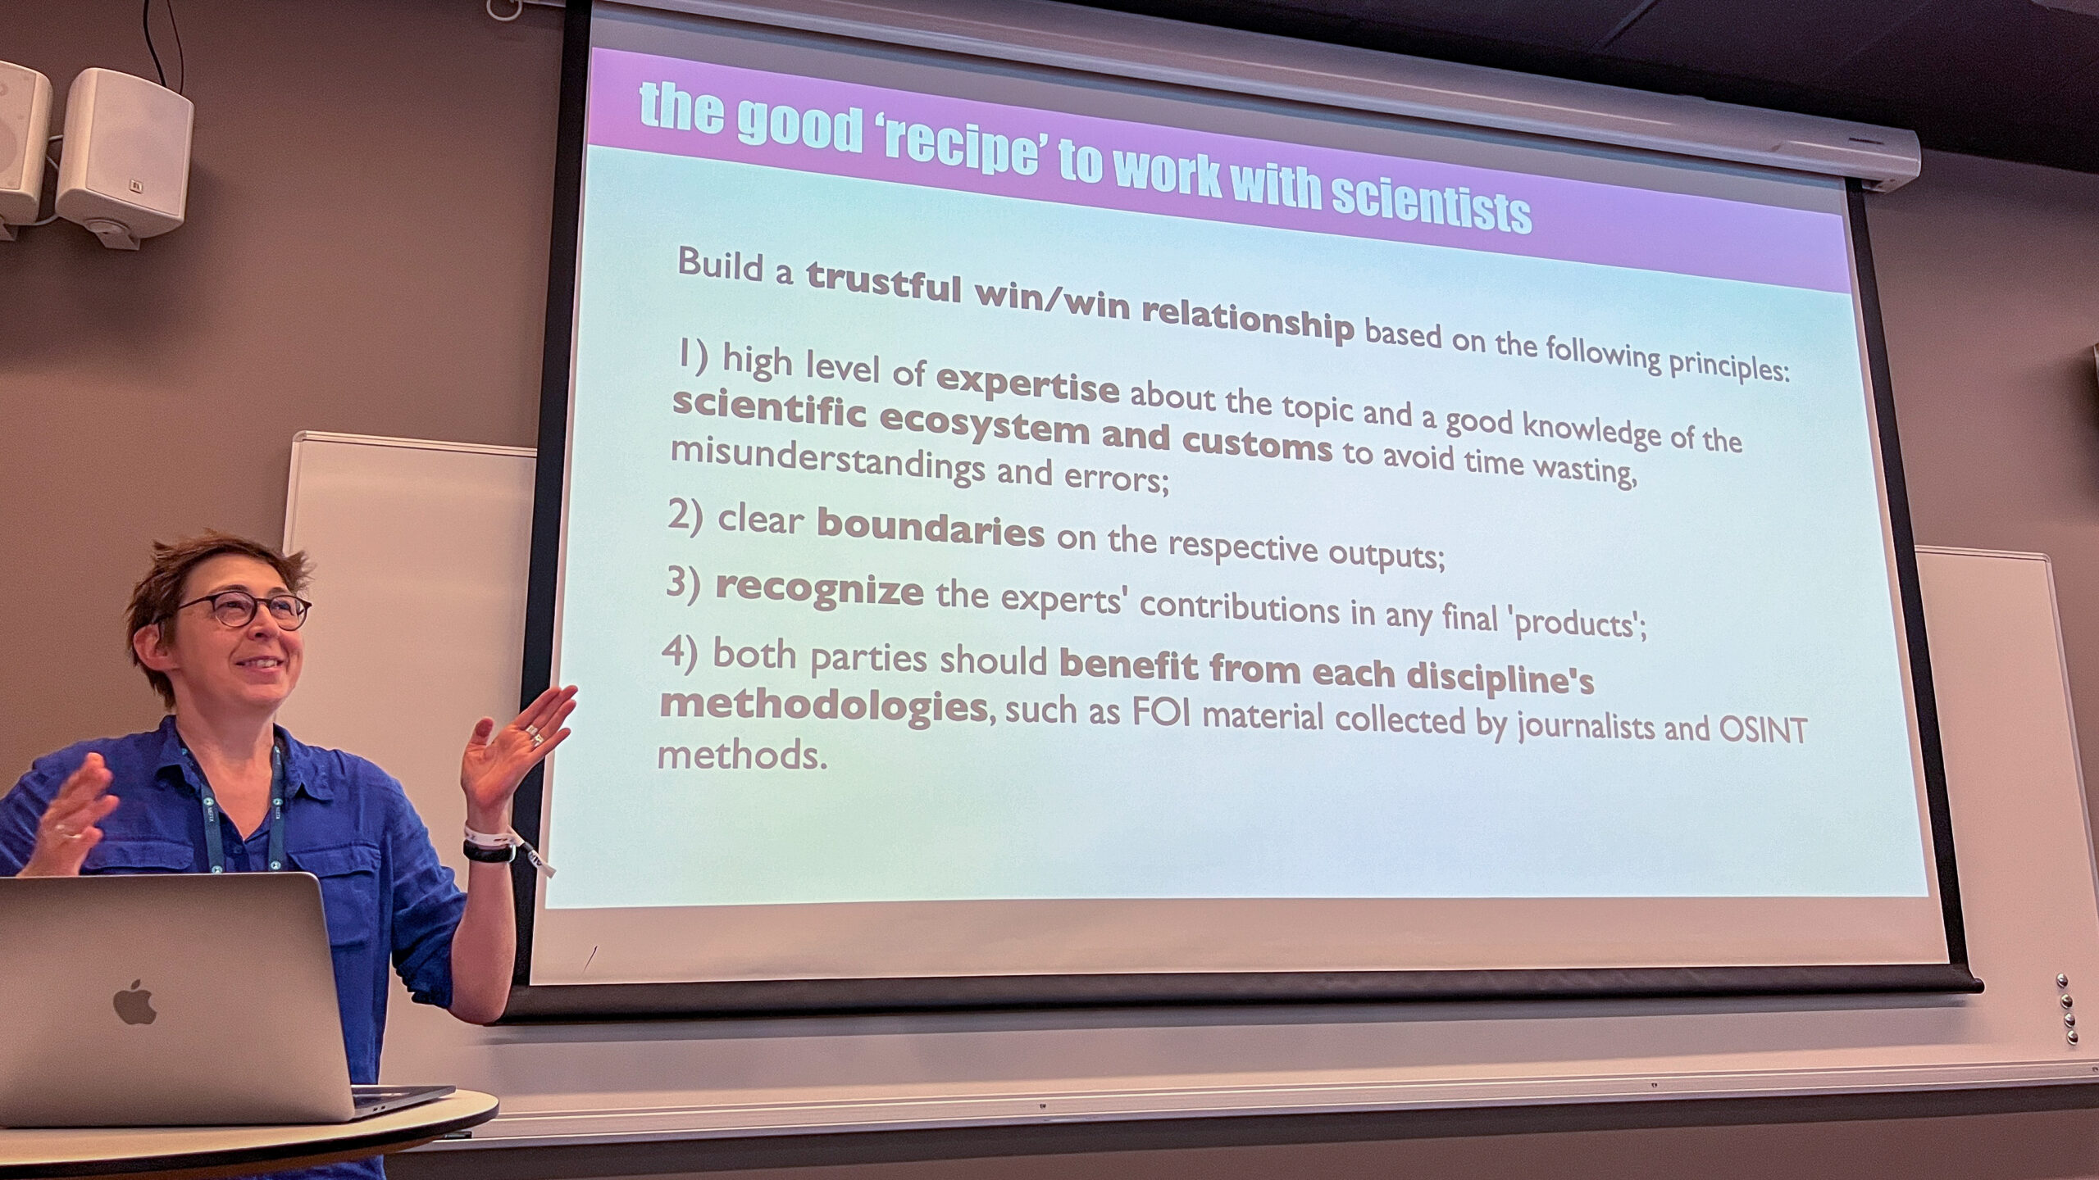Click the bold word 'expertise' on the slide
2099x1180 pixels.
(1027, 383)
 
